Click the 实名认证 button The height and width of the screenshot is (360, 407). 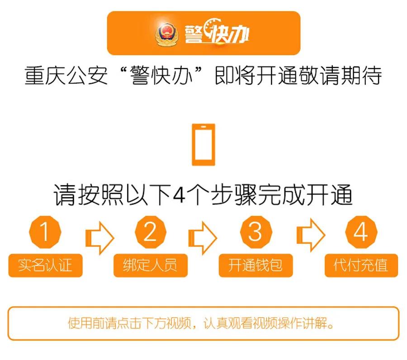45,265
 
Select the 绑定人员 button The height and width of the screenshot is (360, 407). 150,265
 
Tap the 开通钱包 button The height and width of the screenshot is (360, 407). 256,265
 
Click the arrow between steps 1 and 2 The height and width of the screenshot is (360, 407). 99,236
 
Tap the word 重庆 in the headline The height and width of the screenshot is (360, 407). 45,76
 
